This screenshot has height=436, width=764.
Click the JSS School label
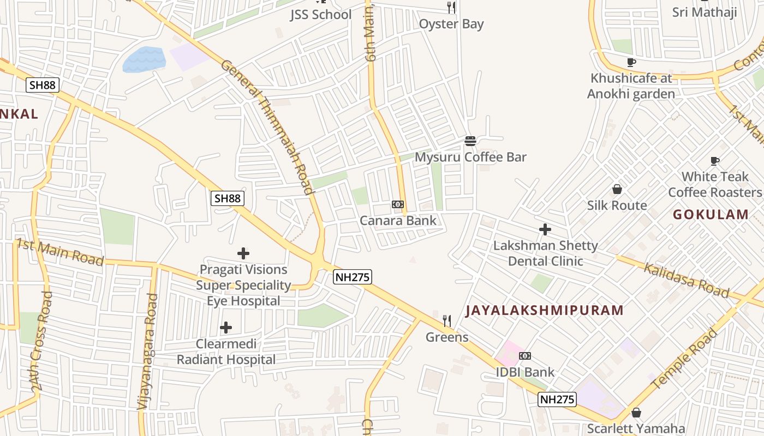[x=320, y=15]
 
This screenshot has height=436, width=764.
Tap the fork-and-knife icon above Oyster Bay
[x=451, y=8]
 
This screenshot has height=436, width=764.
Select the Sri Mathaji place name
[x=705, y=12]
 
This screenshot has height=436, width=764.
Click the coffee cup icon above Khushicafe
[x=631, y=63]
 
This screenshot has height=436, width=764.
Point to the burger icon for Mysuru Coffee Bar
[x=470, y=141]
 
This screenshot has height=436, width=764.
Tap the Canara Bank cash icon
[x=398, y=204]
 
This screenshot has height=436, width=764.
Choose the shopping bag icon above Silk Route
[x=617, y=189]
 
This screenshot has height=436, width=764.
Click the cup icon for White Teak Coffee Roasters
[x=715, y=161]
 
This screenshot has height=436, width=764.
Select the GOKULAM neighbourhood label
[x=711, y=214]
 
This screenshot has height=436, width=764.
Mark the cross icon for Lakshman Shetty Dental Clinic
[x=545, y=229]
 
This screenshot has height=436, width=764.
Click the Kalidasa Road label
[x=686, y=280]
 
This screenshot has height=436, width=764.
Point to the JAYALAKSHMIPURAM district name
[x=544, y=311]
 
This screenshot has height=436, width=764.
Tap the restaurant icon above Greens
[x=447, y=321]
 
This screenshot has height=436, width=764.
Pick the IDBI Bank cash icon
[x=525, y=356]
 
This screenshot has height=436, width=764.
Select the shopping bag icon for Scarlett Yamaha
[x=636, y=413]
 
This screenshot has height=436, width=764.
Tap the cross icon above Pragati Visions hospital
[x=243, y=253]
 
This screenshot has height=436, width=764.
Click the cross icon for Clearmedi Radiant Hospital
[x=226, y=328]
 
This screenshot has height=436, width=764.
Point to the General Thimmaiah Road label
[x=268, y=126]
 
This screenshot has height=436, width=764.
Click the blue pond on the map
[x=144, y=59]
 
